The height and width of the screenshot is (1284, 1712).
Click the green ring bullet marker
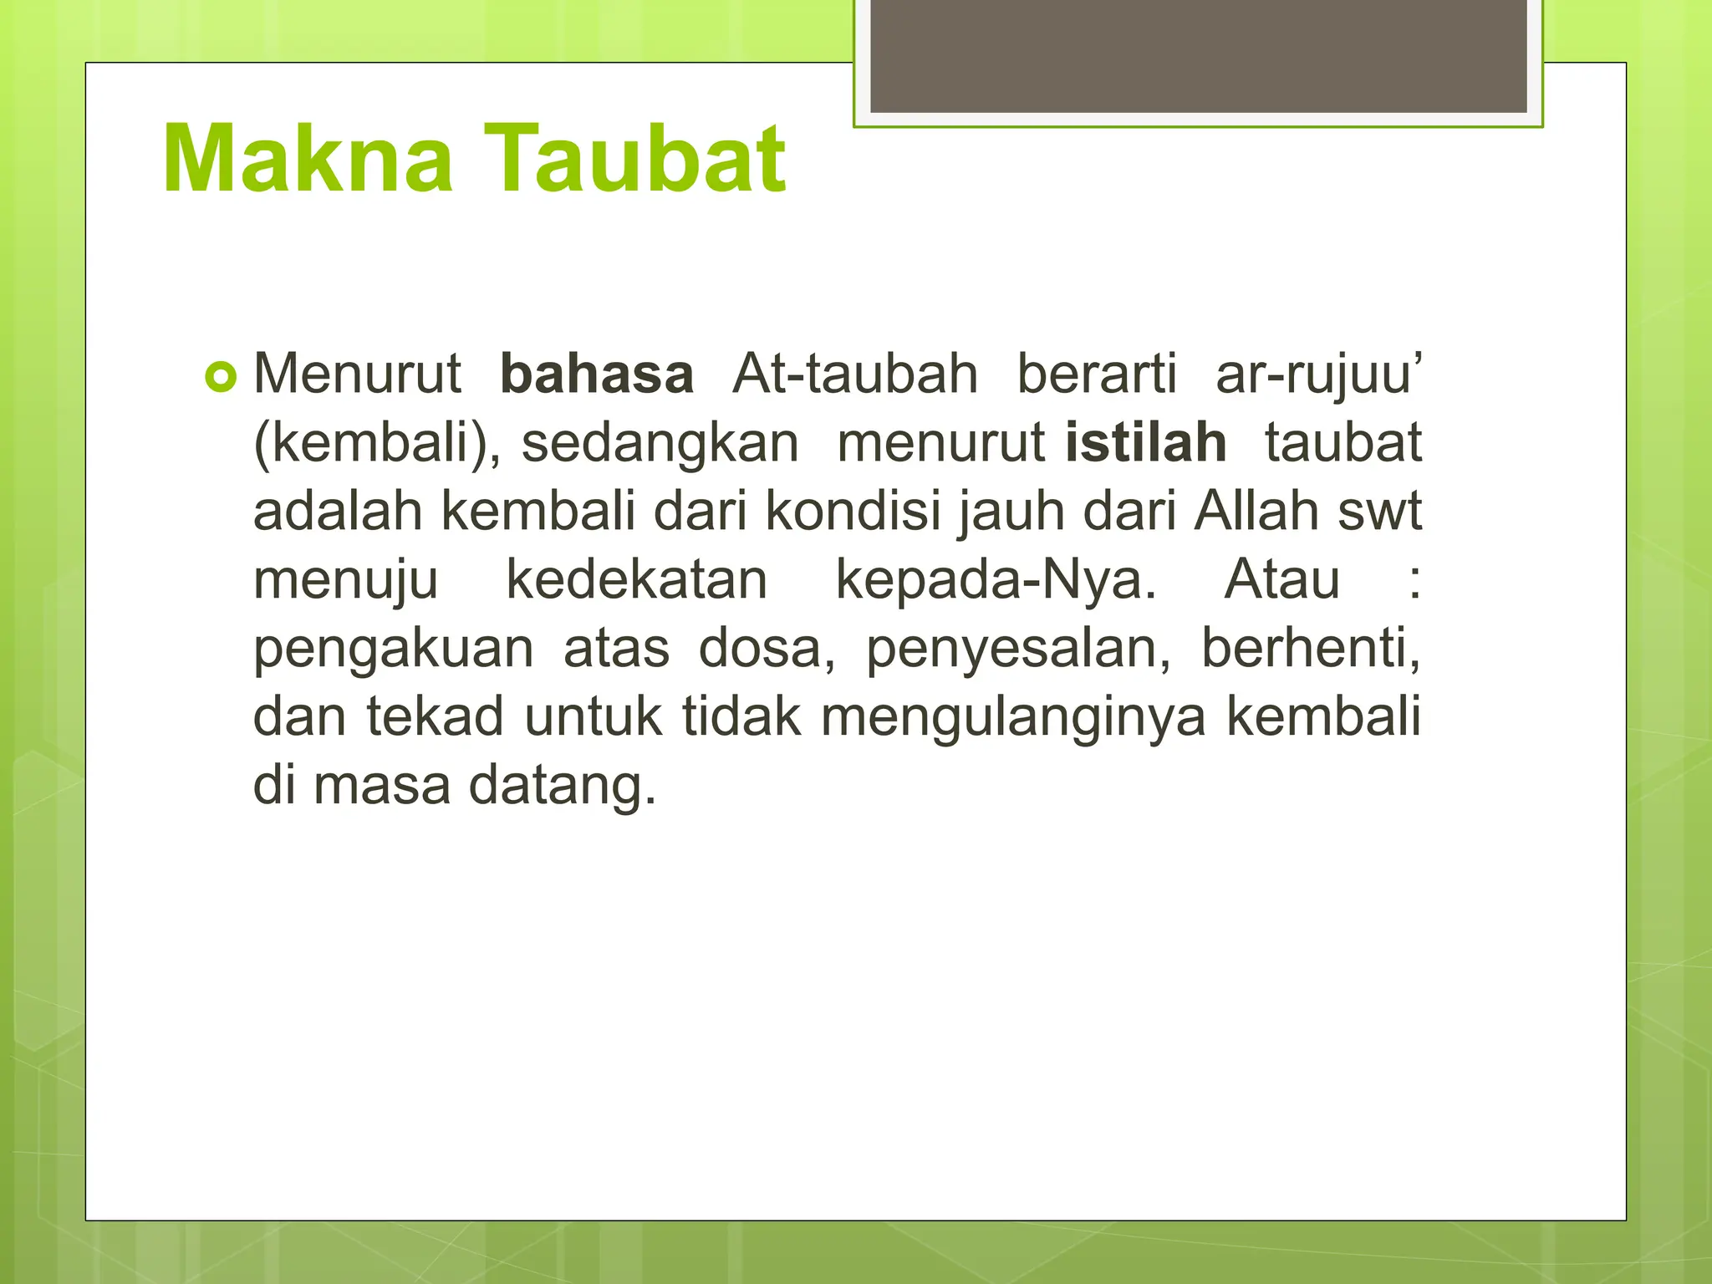[221, 377]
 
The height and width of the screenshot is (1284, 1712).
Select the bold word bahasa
[596, 374]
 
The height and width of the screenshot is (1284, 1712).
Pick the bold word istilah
[1145, 442]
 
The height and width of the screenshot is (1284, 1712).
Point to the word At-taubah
[854, 374]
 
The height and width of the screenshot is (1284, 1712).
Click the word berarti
[1096, 374]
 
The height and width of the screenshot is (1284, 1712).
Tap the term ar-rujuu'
[1318, 374]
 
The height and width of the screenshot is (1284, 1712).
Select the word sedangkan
[660, 442]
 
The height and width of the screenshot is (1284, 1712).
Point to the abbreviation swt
[1379, 511]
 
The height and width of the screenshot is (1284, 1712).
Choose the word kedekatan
[636, 579]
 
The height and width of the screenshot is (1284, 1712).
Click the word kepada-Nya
[996, 579]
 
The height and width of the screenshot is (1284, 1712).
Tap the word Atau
[1281, 579]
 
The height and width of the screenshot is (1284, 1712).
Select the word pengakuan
[393, 649]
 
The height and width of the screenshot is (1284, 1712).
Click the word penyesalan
[1017, 649]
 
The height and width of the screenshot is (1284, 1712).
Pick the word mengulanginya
[1013, 717]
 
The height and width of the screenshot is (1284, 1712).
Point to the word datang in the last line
[562, 786]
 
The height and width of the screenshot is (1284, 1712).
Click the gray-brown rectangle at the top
[1198, 56]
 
